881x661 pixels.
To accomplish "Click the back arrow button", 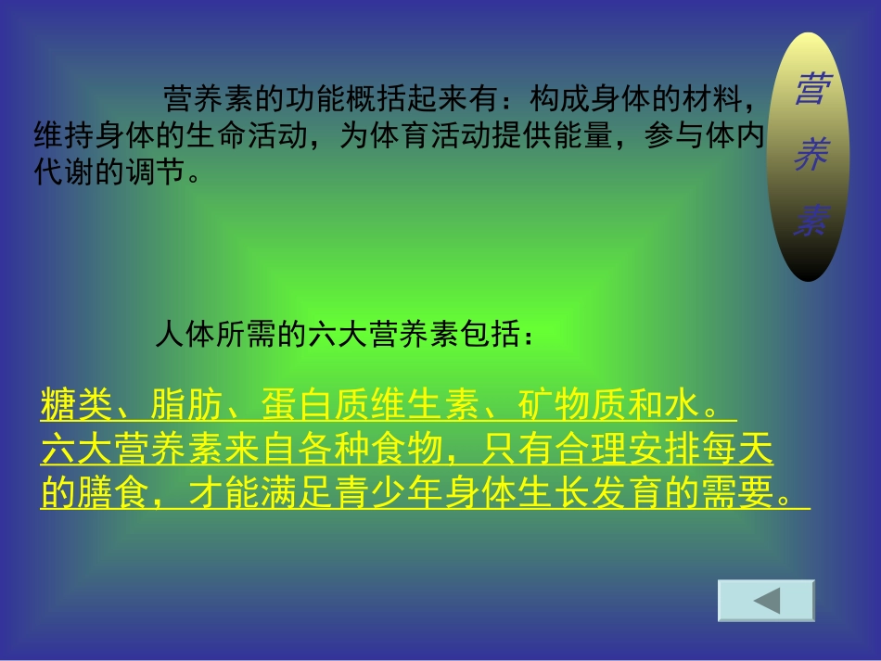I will coord(766,601).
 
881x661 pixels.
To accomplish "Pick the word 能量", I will coord(579,135).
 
